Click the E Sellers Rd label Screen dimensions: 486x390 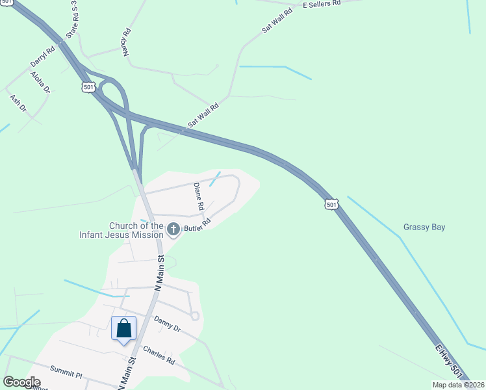(322, 4)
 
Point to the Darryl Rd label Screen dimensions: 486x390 (42, 57)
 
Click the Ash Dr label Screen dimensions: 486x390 (18, 103)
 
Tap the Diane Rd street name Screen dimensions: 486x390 (199, 196)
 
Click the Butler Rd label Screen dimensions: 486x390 (198, 225)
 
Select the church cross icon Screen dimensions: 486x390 (173, 229)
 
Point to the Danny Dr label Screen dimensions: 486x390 (166, 323)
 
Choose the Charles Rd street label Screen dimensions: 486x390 (159, 355)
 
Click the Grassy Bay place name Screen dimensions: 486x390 (424, 227)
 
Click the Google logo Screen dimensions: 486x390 (22, 383)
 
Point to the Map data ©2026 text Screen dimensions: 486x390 (457, 385)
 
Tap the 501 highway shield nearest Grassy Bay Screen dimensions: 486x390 (331, 204)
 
